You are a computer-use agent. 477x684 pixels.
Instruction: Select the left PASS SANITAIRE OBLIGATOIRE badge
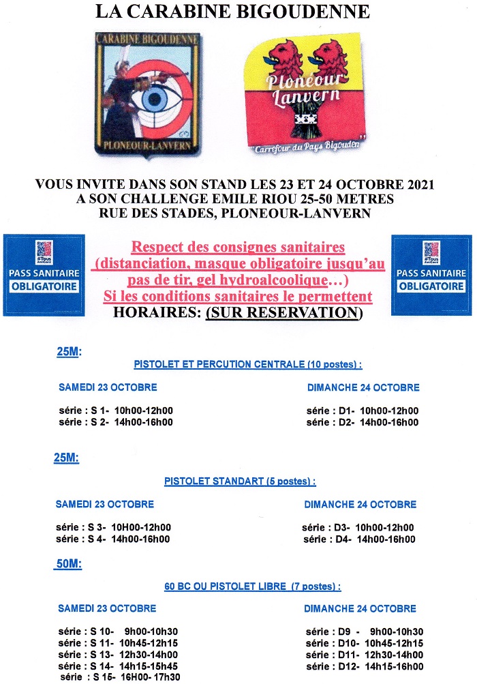(44, 275)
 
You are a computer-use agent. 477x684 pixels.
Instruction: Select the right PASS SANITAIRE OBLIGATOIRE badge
(431, 275)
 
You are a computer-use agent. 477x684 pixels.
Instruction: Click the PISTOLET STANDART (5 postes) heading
(240, 481)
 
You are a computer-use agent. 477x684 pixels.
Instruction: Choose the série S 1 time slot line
(115, 411)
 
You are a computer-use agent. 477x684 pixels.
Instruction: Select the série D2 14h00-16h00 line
(362, 422)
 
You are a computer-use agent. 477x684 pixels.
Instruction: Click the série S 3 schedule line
(113, 527)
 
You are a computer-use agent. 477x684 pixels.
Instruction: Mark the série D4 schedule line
(358, 539)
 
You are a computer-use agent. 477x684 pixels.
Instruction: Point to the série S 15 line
(121, 677)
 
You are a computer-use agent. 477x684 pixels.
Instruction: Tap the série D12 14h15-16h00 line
(365, 666)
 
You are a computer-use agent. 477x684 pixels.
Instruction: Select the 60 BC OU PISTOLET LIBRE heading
(252, 586)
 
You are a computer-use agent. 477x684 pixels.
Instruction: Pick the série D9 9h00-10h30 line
(365, 631)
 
